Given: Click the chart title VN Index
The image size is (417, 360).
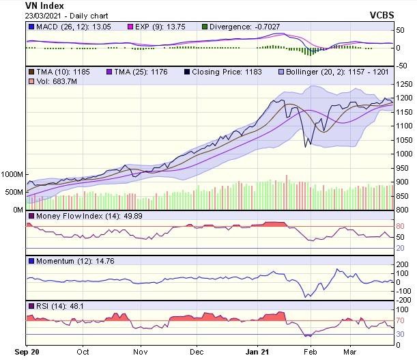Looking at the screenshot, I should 44,5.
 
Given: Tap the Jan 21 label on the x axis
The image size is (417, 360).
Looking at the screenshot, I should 257,353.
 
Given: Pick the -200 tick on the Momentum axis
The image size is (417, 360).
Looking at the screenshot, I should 405,299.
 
